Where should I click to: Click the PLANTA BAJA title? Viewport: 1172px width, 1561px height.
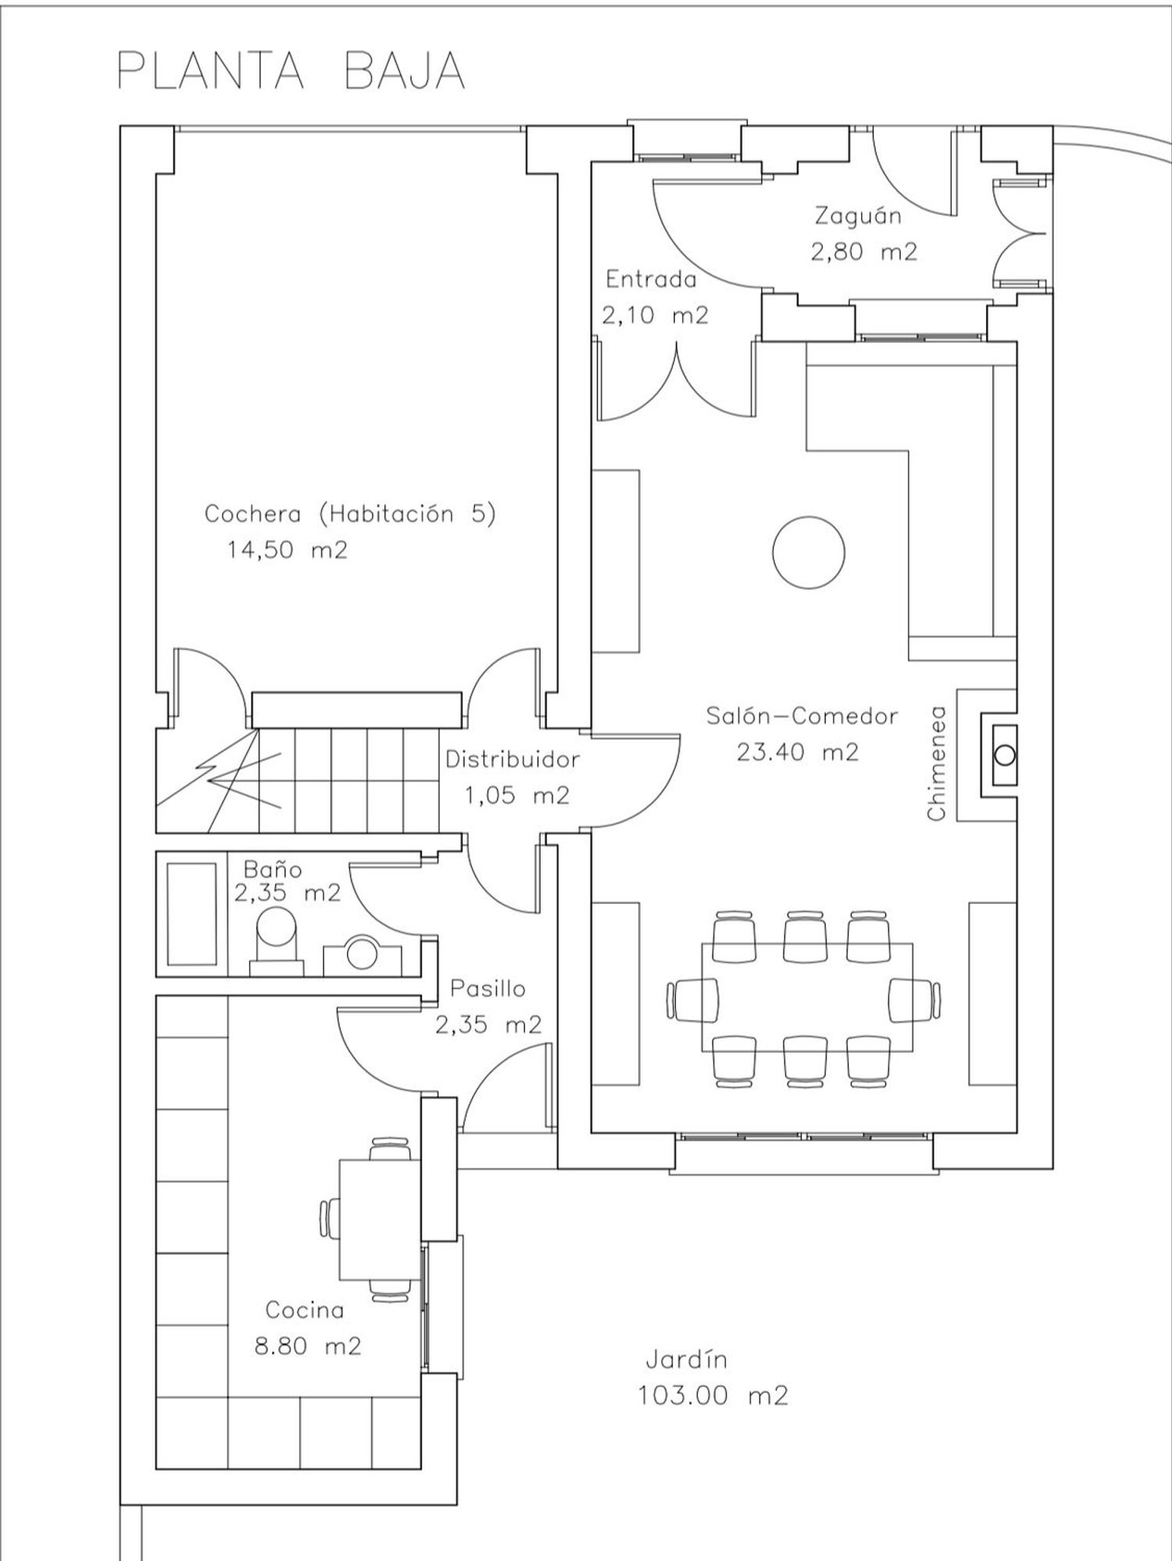click(x=291, y=72)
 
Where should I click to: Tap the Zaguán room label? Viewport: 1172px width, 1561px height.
click(x=858, y=216)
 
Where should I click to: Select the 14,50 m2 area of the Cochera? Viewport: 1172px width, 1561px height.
click(x=287, y=550)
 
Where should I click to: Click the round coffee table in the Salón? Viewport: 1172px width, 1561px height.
click(x=809, y=553)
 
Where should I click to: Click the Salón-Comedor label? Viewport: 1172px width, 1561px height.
click(x=802, y=716)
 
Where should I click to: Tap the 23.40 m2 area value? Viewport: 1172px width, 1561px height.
click(x=797, y=752)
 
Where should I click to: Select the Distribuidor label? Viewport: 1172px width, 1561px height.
click(x=513, y=759)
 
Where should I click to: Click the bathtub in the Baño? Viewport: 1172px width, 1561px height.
click(x=192, y=913)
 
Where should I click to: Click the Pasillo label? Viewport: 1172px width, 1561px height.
click(x=488, y=988)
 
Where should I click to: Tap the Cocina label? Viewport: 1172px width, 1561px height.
click(x=305, y=1309)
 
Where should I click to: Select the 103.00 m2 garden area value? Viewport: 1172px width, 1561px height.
click(x=713, y=1395)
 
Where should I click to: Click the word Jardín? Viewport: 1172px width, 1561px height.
click(x=687, y=1359)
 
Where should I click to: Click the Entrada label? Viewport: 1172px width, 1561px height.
click(x=651, y=279)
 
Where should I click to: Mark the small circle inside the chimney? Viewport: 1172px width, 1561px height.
click(x=1005, y=755)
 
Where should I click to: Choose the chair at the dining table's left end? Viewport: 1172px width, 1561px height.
click(x=693, y=998)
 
